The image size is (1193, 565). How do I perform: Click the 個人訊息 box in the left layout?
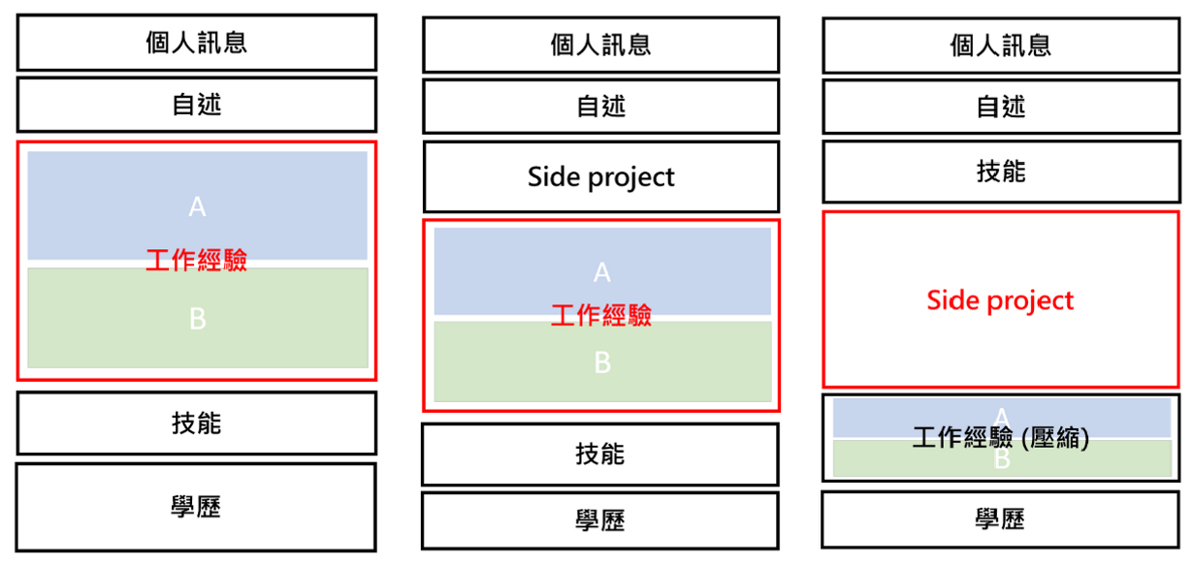(x=197, y=43)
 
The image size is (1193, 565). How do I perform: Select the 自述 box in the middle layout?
(x=601, y=107)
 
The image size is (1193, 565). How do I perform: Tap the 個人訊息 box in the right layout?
(x=1001, y=46)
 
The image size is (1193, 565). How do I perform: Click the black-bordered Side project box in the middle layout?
(x=601, y=176)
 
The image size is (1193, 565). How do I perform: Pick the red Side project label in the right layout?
(x=1000, y=300)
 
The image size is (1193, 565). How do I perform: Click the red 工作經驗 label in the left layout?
(x=197, y=260)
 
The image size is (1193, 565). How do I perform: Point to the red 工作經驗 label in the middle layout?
(x=601, y=316)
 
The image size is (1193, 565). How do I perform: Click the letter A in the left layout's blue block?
(x=197, y=206)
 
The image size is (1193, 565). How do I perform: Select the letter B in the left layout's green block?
(x=198, y=319)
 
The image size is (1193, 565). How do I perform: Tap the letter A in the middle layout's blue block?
(x=601, y=272)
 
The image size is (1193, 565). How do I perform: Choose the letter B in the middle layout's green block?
(x=602, y=362)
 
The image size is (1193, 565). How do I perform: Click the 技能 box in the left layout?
(x=197, y=424)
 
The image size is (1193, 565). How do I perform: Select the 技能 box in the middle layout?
(x=600, y=455)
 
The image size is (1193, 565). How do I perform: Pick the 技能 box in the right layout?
(x=1001, y=172)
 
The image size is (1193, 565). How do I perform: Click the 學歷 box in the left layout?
(x=196, y=507)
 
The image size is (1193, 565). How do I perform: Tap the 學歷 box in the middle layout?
(x=600, y=520)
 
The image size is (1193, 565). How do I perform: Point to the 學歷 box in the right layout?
(x=1000, y=519)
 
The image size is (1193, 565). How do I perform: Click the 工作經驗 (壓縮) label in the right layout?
(x=1001, y=438)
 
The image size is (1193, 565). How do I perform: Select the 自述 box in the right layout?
(x=1001, y=107)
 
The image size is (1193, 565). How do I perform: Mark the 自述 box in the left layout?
(x=197, y=105)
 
